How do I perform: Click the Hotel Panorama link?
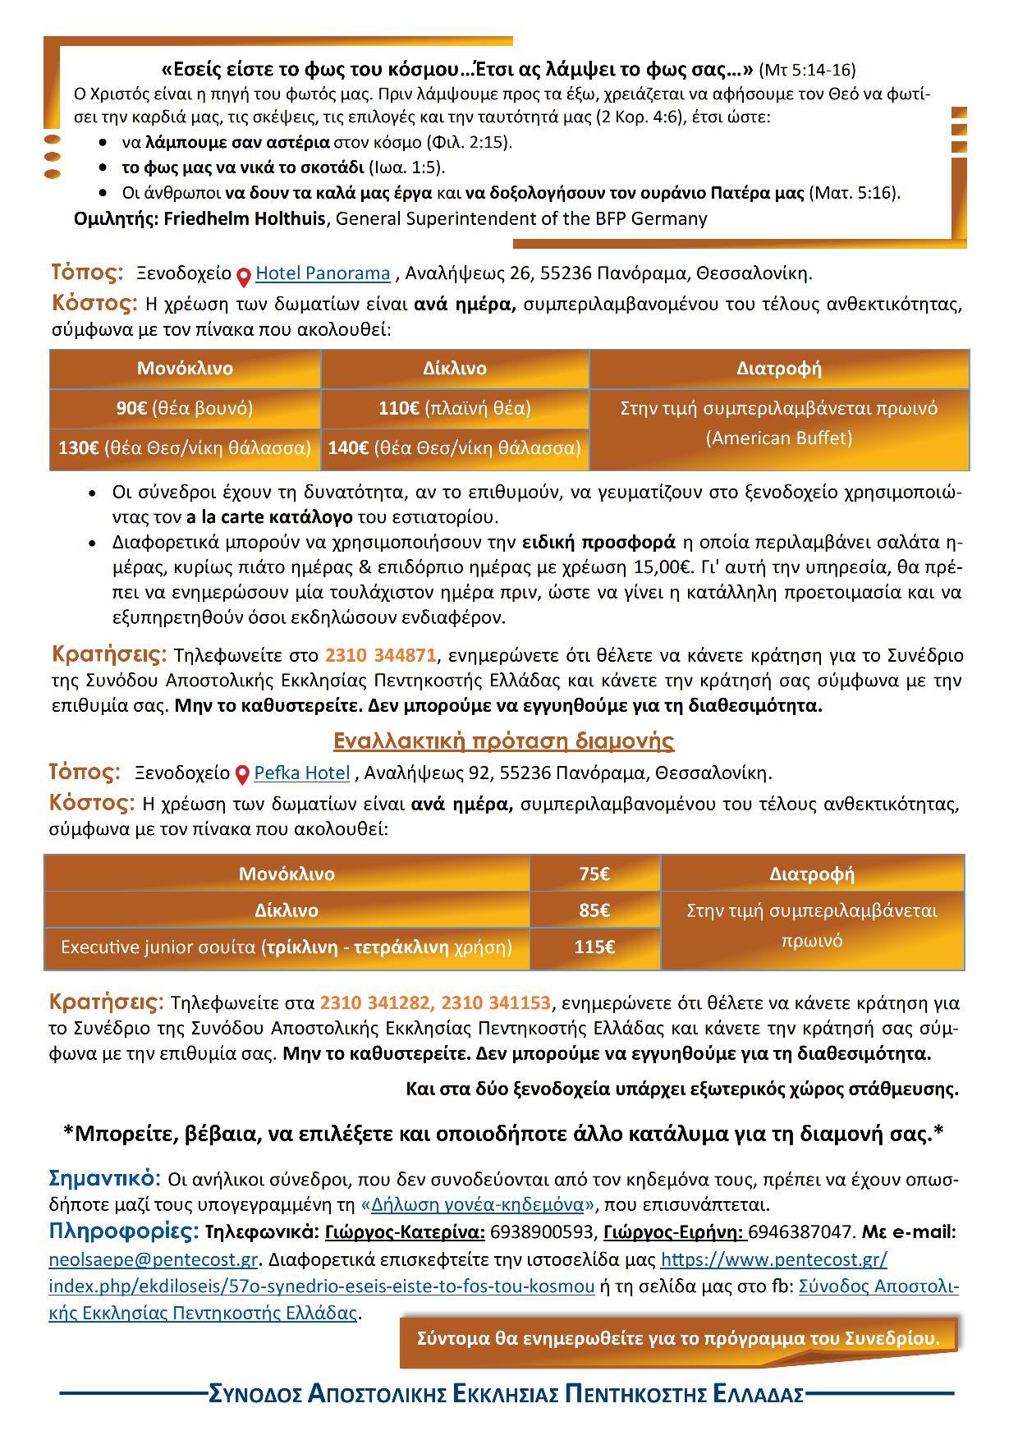point(323,273)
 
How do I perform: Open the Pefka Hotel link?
point(302,773)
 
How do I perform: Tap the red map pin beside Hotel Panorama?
point(244,277)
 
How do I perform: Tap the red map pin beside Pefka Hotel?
point(242,775)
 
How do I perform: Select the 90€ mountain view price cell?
point(185,408)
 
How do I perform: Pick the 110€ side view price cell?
point(454,408)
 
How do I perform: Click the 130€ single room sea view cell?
point(185,448)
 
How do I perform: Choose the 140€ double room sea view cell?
point(454,448)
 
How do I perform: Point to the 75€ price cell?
point(594,874)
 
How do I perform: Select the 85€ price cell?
point(594,910)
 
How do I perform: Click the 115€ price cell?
point(594,947)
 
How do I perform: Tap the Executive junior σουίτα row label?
point(287,947)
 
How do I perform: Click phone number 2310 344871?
point(380,655)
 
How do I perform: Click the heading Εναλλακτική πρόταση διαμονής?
point(503,741)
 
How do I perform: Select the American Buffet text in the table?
point(779,438)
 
